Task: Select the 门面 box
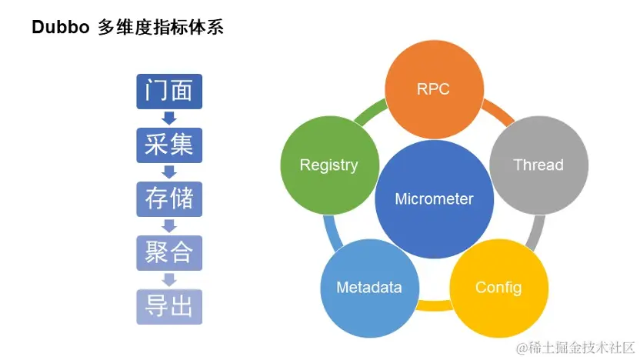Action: pyautogui.click(x=169, y=92)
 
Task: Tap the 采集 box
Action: pyautogui.click(x=169, y=145)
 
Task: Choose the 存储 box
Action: pyautogui.click(x=169, y=199)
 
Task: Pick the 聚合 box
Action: pyautogui.click(x=169, y=252)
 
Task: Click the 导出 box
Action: pyautogui.click(x=169, y=306)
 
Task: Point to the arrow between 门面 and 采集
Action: pyautogui.click(x=169, y=118)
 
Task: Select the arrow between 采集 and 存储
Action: pyautogui.click(x=169, y=172)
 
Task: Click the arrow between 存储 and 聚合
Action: pyautogui.click(x=169, y=226)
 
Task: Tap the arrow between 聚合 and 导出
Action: pyautogui.click(x=169, y=279)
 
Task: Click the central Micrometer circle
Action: pyautogui.click(x=434, y=199)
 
